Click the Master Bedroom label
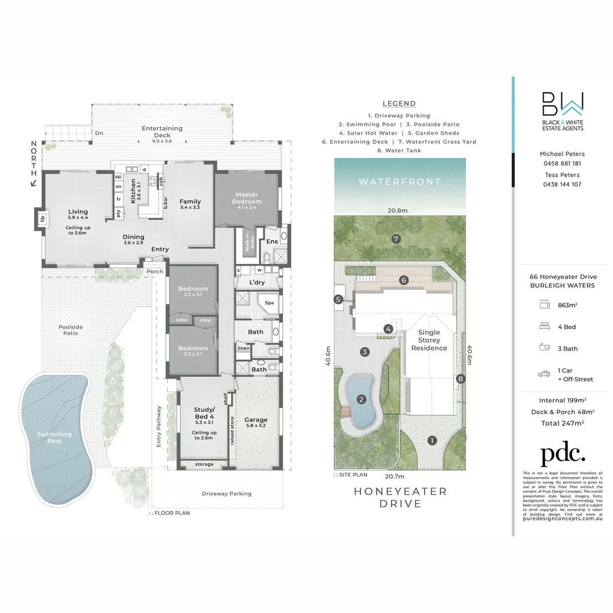246,198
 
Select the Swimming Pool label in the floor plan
55,438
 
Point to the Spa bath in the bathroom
269,303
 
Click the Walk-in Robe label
247,242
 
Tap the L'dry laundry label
250,282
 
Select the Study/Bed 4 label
204,413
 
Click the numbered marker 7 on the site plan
396,239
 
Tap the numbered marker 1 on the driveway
431,440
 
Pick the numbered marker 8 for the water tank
461,379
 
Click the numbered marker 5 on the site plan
338,300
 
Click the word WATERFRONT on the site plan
400,182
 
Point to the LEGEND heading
399,103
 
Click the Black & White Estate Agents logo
561,112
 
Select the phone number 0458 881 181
562,163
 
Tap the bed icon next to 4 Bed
545,326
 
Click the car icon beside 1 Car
545,374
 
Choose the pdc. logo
562,454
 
